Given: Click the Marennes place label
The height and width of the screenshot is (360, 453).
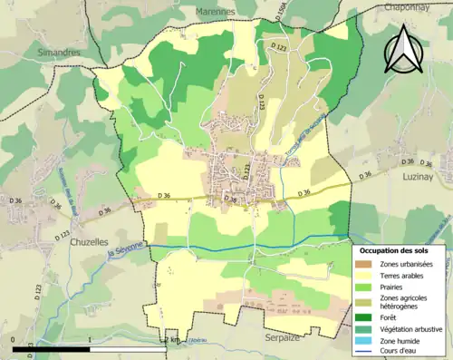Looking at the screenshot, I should click(215, 12).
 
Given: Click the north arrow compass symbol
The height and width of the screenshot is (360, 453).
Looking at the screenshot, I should click(403, 49).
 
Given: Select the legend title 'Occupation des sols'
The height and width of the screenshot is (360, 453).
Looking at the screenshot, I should click(398, 250).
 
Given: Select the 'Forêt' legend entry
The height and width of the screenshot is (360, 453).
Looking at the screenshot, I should click(390, 316).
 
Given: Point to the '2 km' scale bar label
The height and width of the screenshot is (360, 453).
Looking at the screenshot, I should click(175, 339).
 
